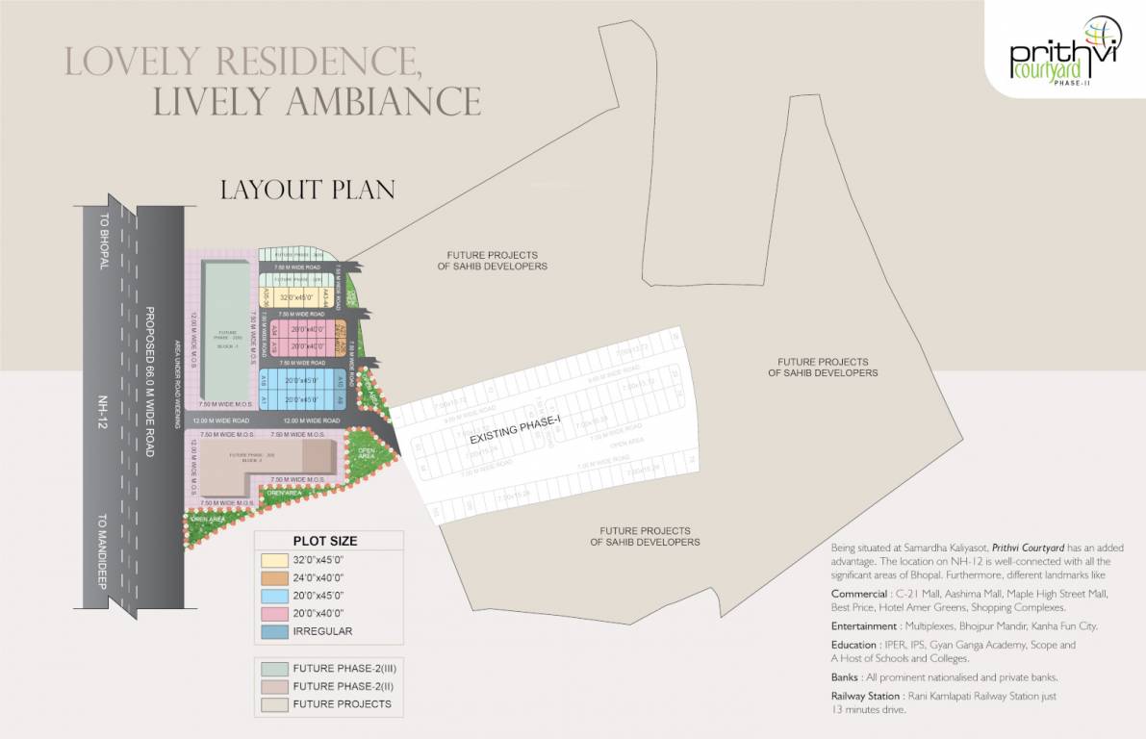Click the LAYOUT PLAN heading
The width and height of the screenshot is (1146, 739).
[308, 189]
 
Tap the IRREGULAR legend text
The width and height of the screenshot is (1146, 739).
[322, 631]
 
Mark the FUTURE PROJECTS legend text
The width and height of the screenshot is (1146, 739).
[342, 704]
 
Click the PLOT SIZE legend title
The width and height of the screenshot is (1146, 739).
[324, 541]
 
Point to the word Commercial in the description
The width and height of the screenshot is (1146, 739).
[858, 594]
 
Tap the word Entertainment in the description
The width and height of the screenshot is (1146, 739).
[865, 625]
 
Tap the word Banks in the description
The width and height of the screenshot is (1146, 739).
[845, 677]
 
